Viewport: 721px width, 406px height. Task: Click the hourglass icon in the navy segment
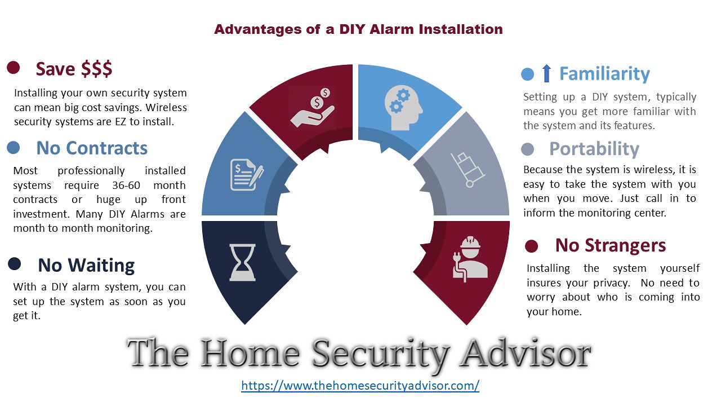(242, 262)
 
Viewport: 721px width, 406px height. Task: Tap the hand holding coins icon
(313, 108)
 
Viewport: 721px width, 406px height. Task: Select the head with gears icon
(403, 108)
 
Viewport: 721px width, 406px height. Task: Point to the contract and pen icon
(247, 175)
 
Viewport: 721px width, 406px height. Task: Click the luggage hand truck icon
(468, 170)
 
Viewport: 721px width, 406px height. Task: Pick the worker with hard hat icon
(470, 260)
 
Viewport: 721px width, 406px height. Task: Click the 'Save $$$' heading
(74, 69)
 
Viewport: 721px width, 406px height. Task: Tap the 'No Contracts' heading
(92, 148)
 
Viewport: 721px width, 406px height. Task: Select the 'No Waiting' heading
(86, 266)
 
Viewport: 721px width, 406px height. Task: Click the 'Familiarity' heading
(604, 74)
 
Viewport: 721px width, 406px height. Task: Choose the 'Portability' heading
(594, 149)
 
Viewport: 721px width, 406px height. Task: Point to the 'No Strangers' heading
(611, 245)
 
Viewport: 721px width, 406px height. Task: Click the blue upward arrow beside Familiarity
(546, 73)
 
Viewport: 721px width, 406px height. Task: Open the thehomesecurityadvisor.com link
(360, 385)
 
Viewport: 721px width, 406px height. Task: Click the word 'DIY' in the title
(352, 29)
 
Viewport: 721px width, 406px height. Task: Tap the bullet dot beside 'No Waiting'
(15, 264)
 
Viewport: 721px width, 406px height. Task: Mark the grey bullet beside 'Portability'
(528, 149)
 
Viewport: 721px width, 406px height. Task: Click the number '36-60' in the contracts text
(126, 186)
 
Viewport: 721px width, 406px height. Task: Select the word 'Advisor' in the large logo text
(526, 354)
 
